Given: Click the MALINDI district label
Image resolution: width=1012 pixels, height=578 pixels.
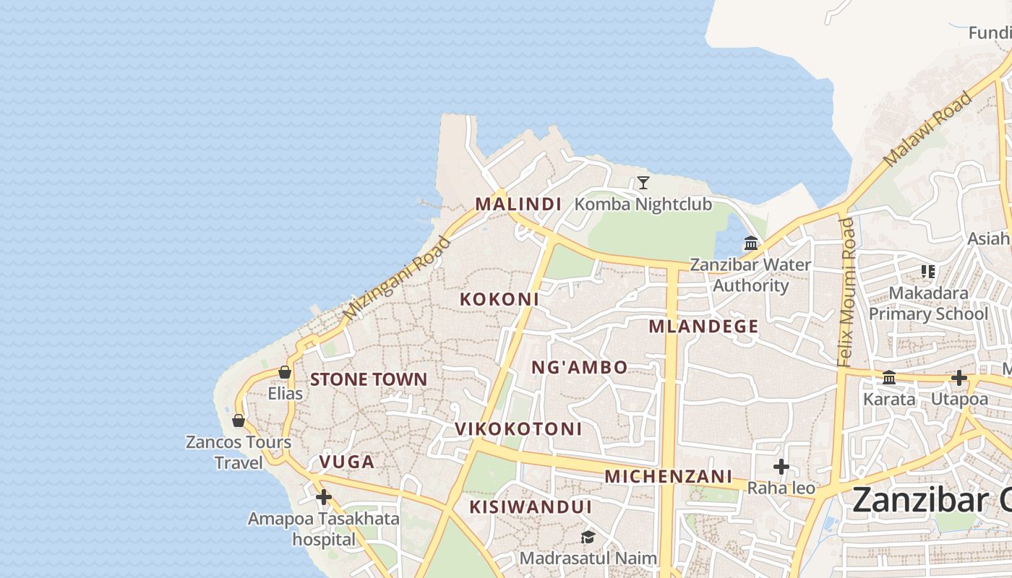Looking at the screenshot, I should coord(518,204).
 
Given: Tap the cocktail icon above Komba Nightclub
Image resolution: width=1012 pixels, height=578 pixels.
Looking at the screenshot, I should coord(643,183).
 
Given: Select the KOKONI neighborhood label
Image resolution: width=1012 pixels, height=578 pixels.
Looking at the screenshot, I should coord(499,299).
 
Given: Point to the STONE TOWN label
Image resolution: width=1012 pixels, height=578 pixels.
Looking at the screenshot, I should coord(369,379).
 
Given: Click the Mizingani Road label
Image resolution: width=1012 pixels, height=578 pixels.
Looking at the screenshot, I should coord(396,279).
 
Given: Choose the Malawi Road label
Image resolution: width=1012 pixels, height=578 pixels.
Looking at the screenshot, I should coord(928,129).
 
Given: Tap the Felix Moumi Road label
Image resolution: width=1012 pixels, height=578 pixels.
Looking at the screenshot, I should coord(847,292).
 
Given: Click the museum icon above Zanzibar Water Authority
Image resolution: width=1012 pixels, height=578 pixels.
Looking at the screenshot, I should coord(750,243).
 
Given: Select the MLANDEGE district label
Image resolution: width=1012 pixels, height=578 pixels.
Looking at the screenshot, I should coord(703,327).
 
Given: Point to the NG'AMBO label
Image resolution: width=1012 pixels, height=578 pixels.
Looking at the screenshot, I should coord(580,368).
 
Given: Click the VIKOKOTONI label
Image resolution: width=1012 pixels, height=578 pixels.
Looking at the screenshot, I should coord(518,429).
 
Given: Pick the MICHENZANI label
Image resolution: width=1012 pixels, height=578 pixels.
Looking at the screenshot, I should coord(669,477).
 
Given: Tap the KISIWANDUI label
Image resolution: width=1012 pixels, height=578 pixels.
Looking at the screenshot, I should coord(531,507).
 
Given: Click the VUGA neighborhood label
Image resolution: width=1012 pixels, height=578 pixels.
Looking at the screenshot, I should coord(347,462).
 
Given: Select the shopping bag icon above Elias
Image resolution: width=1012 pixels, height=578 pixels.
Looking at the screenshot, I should coord(285,373).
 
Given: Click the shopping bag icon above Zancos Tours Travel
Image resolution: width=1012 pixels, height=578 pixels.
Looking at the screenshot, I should coord(238,420).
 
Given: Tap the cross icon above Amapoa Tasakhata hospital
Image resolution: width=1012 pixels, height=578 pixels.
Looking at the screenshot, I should coord(323,497).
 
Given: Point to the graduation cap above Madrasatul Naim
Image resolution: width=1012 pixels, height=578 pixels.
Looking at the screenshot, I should coord(588,538).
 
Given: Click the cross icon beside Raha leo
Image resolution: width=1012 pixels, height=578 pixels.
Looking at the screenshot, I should coord(781,467).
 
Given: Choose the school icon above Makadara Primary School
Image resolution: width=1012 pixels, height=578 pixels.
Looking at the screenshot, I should coord(928,272).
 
